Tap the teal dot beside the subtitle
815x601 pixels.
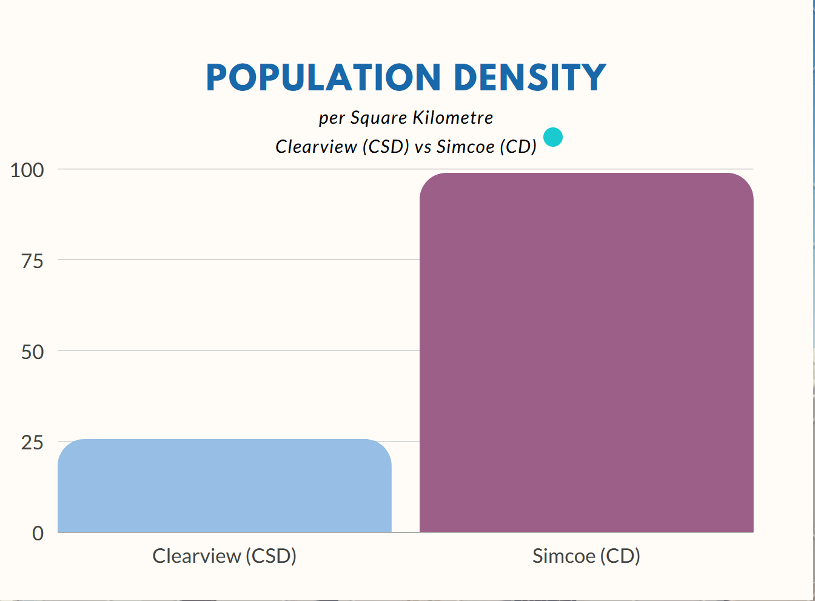point(552,137)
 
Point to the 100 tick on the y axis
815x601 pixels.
point(27,170)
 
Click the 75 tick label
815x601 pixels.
point(32,261)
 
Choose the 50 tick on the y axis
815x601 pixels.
point(32,352)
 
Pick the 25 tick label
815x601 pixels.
point(32,443)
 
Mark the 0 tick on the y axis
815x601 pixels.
point(38,533)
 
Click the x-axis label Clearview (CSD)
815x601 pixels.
point(224,556)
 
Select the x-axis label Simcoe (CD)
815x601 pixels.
point(586,556)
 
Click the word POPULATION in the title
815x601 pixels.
point(323,78)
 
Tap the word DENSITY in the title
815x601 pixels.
point(529,78)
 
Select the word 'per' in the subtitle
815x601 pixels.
point(332,118)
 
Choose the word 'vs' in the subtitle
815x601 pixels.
point(423,147)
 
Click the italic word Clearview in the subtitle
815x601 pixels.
point(316,146)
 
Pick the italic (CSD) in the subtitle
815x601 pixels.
point(386,146)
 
